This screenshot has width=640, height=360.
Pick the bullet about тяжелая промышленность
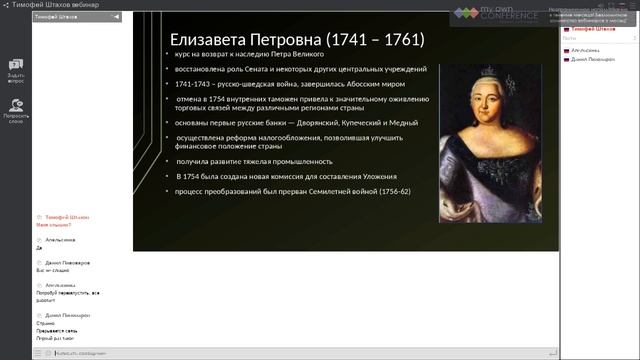(254, 160)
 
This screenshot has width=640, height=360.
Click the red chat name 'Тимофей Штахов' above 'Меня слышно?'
(62, 217)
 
